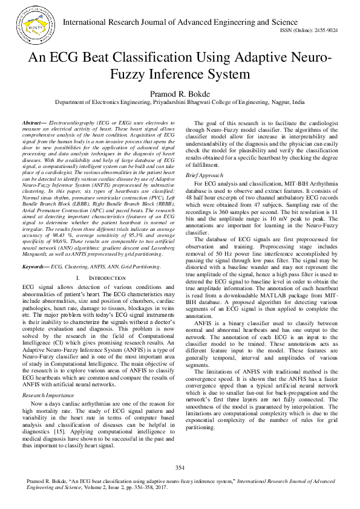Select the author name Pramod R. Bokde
coord(180,94)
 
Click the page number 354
coord(180,468)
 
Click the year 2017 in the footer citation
coord(159,486)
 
